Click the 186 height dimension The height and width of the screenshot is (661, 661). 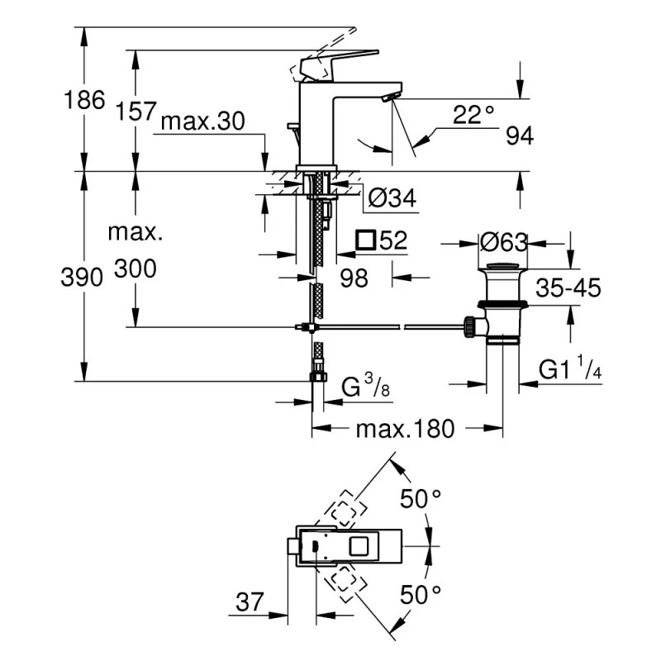(85, 101)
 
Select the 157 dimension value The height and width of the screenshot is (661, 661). (135, 110)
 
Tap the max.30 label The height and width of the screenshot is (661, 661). (203, 121)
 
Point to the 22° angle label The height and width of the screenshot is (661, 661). (473, 116)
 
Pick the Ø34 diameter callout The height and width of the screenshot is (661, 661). (391, 197)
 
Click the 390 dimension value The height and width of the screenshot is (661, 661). (85, 277)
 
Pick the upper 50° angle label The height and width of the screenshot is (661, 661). (421, 498)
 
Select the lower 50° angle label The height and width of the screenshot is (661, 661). (421, 593)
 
